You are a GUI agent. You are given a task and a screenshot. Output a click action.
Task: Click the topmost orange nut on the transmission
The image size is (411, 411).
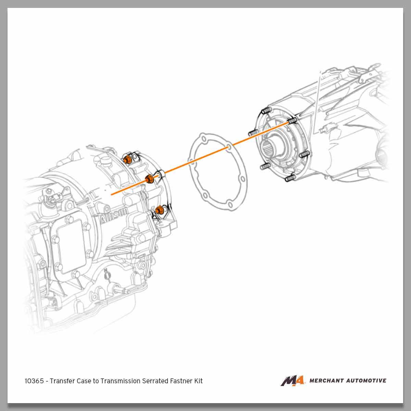[x=127, y=159]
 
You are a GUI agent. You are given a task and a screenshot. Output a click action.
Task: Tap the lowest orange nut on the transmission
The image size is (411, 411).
[x=159, y=210]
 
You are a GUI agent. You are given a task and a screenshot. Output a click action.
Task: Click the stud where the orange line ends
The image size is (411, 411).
[x=292, y=121]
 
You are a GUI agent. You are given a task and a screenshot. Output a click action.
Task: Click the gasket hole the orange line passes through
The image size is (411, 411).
[x=228, y=148]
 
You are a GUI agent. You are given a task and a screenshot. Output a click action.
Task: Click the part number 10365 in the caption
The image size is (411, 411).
[x=34, y=381]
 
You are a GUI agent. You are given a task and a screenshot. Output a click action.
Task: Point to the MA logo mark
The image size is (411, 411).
[x=292, y=381]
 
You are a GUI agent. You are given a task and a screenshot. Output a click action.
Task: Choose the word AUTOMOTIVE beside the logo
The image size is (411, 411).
[x=367, y=381]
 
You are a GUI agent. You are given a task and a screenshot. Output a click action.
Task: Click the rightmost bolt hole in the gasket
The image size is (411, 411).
[x=242, y=178]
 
